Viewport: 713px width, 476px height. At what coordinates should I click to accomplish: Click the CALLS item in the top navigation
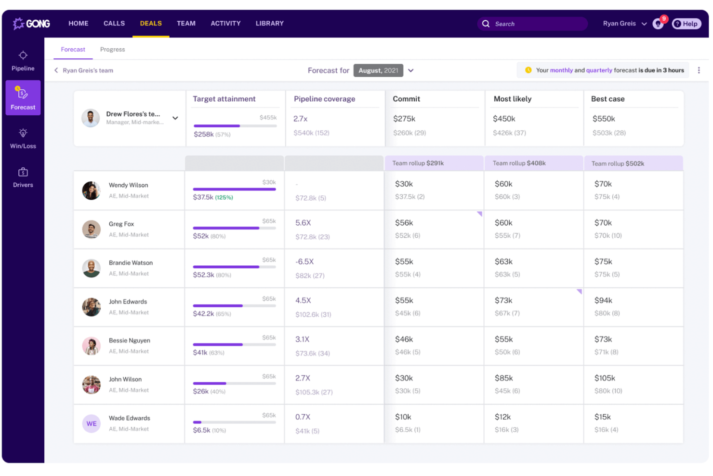(x=114, y=23)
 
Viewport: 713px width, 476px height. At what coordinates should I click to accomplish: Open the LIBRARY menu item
(x=269, y=23)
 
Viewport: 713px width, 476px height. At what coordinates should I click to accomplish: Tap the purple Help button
(x=686, y=24)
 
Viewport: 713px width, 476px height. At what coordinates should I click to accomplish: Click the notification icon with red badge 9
(x=658, y=24)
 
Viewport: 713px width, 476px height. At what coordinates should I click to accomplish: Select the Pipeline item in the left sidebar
(x=23, y=60)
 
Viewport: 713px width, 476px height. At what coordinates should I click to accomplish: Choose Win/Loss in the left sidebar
(x=23, y=138)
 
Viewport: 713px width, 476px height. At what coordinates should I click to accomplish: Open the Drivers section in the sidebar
(x=23, y=177)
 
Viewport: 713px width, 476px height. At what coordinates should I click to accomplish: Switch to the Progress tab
(x=112, y=49)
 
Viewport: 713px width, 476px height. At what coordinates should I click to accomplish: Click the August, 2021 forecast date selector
(x=378, y=70)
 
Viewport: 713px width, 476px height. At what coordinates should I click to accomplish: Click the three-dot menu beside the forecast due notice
(x=699, y=70)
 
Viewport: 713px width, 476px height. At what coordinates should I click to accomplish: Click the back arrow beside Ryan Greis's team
(x=56, y=70)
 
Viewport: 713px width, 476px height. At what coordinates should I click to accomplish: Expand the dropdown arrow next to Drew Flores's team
(x=175, y=118)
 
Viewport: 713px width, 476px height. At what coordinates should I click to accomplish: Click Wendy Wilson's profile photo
(x=91, y=190)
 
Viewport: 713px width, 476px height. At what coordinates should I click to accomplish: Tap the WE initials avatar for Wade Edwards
(x=91, y=423)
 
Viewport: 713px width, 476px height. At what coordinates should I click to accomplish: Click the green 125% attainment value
(x=224, y=197)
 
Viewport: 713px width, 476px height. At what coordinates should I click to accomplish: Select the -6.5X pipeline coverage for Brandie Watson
(x=304, y=261)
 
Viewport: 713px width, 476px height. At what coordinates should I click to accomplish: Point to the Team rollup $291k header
(x=418, y=163)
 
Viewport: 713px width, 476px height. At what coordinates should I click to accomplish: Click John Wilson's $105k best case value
(x=605, y=378)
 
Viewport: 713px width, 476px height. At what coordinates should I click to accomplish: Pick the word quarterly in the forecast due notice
(x=599, y=70)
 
